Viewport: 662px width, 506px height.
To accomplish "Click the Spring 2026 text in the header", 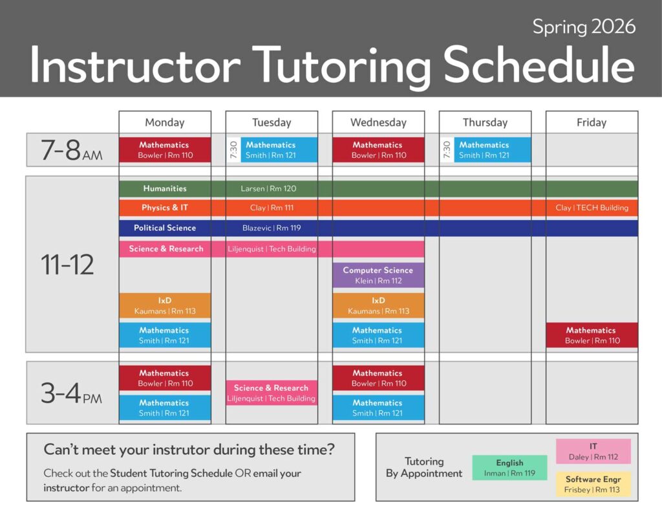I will pyautogui.click(x=584, y=27).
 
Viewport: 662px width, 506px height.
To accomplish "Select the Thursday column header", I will pyautogui.click(x=485, y=122).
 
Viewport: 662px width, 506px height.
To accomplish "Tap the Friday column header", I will pyautogui.click(x=592, y=122).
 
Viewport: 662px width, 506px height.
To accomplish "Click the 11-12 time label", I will pyautogui.click(x=67, y=265).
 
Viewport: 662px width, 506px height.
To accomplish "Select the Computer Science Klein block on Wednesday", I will pyautogui.click(x=378, y=276).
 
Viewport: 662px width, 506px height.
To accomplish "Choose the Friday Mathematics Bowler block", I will pyautogui.click(x=592, y=335).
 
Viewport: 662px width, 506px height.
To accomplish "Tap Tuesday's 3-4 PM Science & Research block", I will pyautogui.click(x=272, y=393).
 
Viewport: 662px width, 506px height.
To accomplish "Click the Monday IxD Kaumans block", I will pyautogui.click(x=165, y=305).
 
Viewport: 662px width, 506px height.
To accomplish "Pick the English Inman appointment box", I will pyautogui.click(x=509, y=468).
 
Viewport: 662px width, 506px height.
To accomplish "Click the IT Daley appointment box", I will pyautogui.click(x=593, y=451).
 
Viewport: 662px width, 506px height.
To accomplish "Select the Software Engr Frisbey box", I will pyautogui.click(x=593, y=484).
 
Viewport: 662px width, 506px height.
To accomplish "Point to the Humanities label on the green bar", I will pyautogui.click(x=165, y=188).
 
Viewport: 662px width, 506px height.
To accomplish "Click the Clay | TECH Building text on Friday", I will pyautogui.click(x=592, y=208).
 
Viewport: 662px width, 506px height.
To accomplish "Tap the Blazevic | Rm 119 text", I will pyautogui.click(x=272, y=228).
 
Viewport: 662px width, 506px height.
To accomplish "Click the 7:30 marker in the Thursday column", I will pyautogui.click(x=447, y=150).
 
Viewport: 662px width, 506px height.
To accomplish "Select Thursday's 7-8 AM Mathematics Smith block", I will pyautogui.click(x=492, y=150).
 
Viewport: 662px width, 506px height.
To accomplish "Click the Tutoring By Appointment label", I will pyautogui.click(x=424, y=467).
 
